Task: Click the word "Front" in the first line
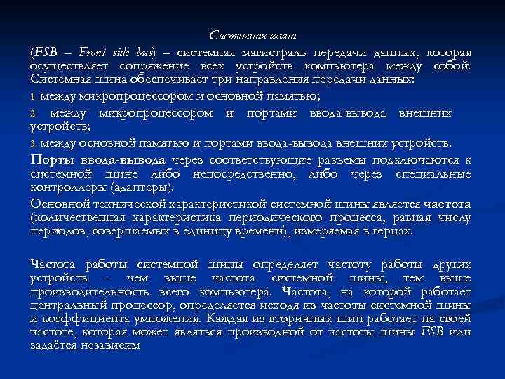(x=94, y=53)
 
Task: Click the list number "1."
(x=34, y=95)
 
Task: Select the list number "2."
(x=34, y=113)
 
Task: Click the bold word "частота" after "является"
(x=446, y=204)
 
